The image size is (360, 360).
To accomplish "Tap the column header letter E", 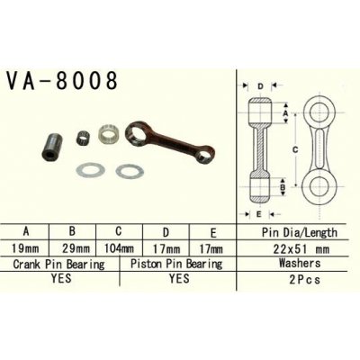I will [211, 231].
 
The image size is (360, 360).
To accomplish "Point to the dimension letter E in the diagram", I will [258, 214].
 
